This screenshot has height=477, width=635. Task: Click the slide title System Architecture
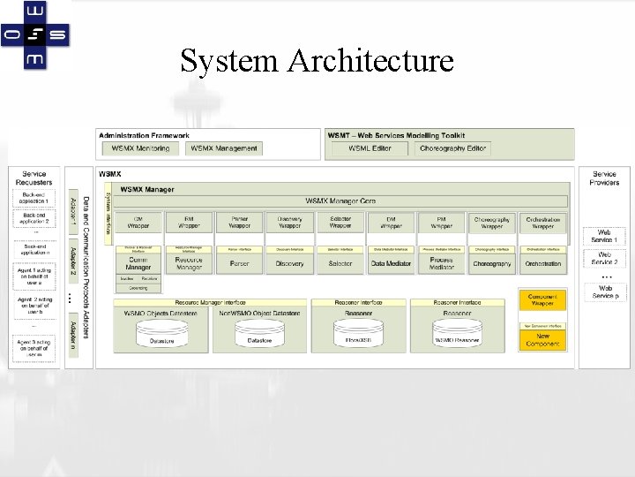pyautogui.click(x=317, y=61)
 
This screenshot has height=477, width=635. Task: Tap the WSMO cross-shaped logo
pyautogui.click(x=35, y=35)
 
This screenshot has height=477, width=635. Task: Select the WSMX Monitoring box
pyautogui.click(x=141, y=148)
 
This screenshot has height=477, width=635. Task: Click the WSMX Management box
pyautogui.click(x=224, y=148)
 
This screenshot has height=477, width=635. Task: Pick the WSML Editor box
pyautogui.click(x=370, y=148)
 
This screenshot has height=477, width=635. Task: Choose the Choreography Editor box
pyautogui.click(x=452, y=148)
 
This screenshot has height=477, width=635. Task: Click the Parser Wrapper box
pyautogui.click(x=240, y=222)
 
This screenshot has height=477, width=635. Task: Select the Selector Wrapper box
pyautogui.click(x=340, y=222)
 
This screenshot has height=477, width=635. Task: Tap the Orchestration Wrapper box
pyautogui.click(x=542, y=222)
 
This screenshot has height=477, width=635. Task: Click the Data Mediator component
pyautogui.click(x=391, y=263)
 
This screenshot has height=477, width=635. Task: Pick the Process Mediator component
pyautogui.click(x=441, y=263)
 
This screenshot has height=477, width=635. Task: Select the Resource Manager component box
pyautogui.click(x=189, y=263)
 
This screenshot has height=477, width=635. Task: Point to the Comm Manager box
pyautogui.click(x=138, y=263)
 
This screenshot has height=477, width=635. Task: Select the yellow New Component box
pyautogui.click(x=542, y=339)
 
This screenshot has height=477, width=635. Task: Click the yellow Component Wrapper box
pyautogui.click(x=542, y=300)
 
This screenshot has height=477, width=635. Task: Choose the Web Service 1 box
pyautogui.click(x=604, y=237)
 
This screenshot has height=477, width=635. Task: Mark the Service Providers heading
pyautogui.click(x=604, y=178)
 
